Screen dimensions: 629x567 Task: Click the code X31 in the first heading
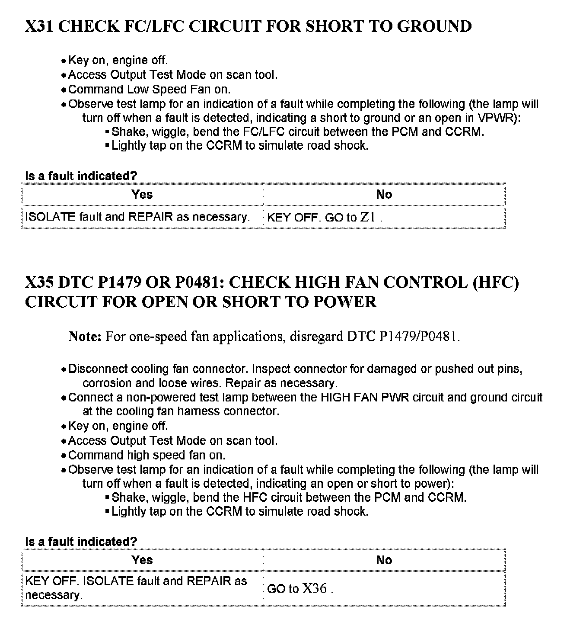click(39, 26)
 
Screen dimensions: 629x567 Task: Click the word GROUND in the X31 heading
click(434, 26)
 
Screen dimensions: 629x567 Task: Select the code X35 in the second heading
click(39, 282)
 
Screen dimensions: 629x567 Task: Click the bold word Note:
click(85, 336)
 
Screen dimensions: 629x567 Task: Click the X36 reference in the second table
click(314, 588)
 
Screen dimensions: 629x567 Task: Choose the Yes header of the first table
click(142, 194)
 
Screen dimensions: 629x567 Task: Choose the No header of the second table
click(384, 560)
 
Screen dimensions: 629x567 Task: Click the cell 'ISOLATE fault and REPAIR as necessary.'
click(137, 217)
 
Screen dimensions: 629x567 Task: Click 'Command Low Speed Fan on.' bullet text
click(149, 90)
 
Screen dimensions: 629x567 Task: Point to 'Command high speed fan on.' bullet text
click(147, 456)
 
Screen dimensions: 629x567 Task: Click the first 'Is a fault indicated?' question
click(81, 176)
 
